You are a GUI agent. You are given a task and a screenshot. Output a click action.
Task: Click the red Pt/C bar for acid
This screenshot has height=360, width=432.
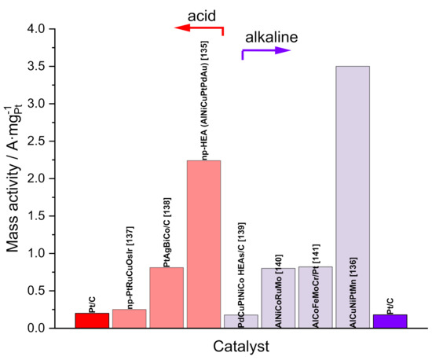coord(93,320)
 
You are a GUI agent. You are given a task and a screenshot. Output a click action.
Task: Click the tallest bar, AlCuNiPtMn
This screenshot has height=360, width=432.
coord(352,197)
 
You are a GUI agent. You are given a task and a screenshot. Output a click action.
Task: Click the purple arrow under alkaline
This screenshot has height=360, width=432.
coord(265,52)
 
